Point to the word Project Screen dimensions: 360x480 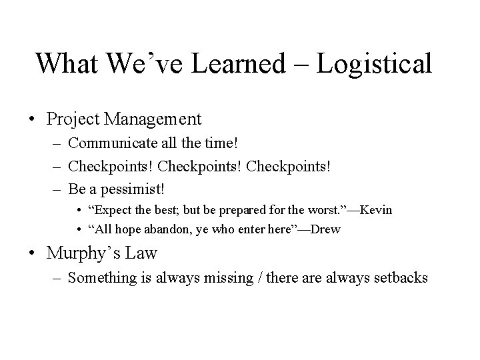point(73,120)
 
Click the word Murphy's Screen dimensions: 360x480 point(80,254)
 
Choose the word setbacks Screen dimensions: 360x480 point(397,278)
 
